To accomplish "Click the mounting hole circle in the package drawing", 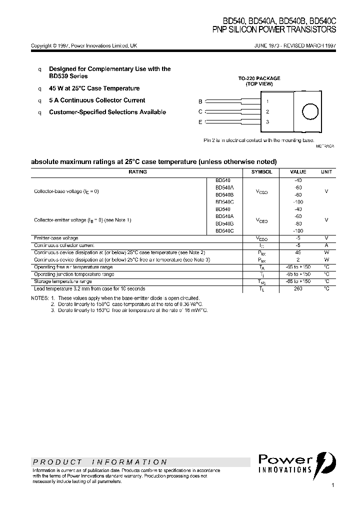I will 310,112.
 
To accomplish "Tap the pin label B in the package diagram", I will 200,101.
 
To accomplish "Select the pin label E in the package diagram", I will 200,122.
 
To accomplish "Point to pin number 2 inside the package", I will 267,112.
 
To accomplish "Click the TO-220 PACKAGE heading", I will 259,78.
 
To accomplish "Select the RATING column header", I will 137,171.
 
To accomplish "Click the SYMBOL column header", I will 261,171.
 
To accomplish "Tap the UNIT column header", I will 326,171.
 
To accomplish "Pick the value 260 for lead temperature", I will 298,288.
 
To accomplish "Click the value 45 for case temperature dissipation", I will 298,252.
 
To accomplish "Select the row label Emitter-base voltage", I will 56,238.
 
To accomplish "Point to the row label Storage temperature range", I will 63,281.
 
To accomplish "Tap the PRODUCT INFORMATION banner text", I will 100,462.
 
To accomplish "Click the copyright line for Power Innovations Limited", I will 84,45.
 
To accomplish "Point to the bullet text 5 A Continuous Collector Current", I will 97,100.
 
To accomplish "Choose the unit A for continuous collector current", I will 326,245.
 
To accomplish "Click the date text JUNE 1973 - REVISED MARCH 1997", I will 295,45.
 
